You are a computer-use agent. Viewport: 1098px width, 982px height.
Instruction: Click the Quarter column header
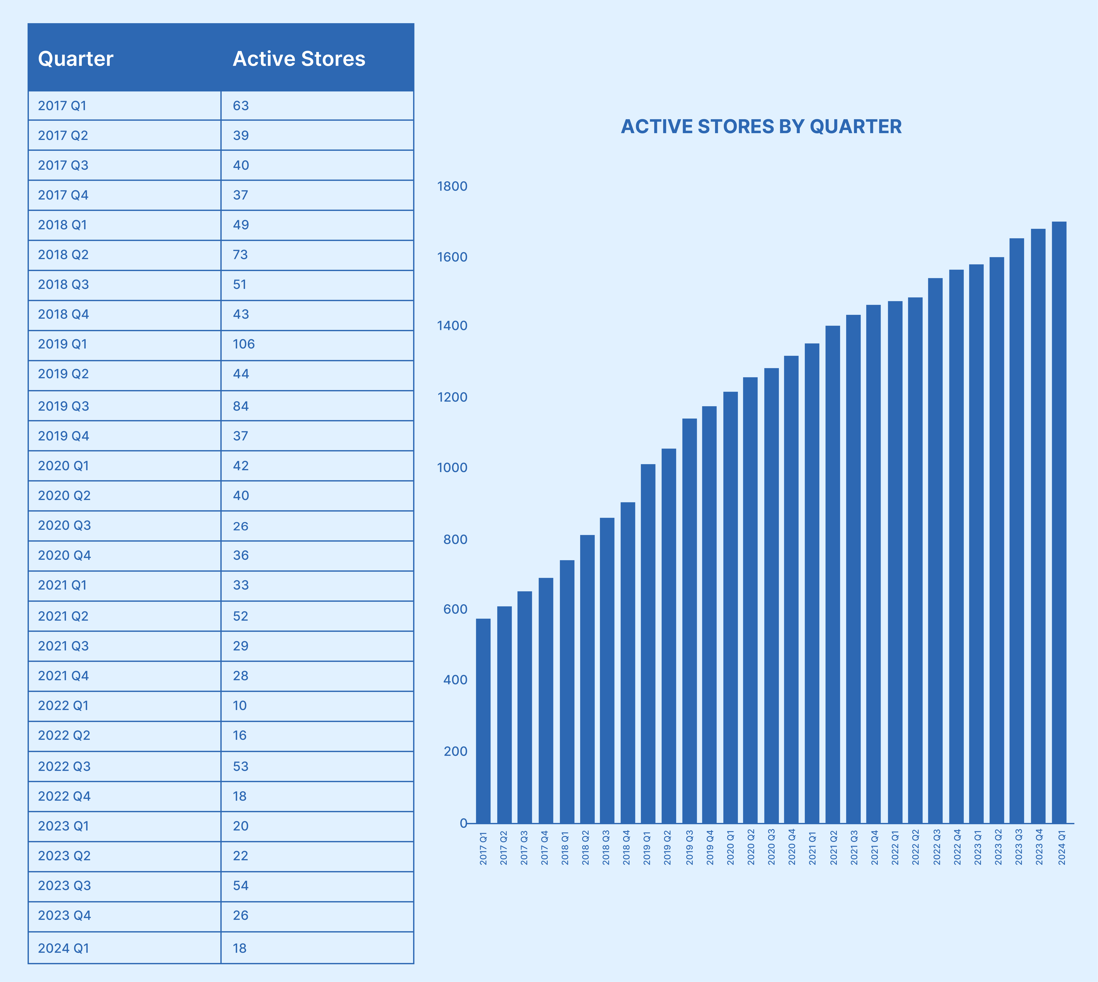[76, 59]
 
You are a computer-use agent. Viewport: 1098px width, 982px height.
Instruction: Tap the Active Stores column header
[299, 59]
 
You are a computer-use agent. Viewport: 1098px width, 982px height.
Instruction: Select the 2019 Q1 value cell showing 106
[244, 344]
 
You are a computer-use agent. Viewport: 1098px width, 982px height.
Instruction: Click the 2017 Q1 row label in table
[62, 106]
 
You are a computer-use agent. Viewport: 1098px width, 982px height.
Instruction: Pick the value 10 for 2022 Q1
[240, 706]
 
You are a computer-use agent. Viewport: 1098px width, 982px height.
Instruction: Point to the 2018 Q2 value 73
[240, 255]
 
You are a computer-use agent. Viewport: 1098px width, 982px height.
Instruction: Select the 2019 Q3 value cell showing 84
[240, 406]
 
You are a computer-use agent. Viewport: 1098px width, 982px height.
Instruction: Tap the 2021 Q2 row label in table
[63, 616]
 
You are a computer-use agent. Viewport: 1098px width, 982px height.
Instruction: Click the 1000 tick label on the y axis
[452, 468]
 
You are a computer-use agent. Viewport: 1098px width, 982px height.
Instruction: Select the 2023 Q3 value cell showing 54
[240, 886]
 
